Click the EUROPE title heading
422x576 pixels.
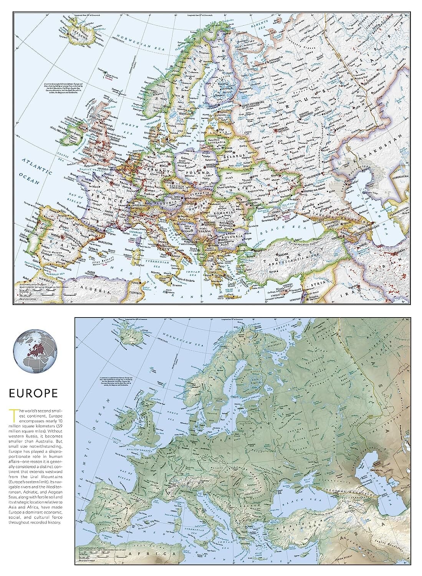(x=34, y=393)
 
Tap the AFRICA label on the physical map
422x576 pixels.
(x=154, y=554)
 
